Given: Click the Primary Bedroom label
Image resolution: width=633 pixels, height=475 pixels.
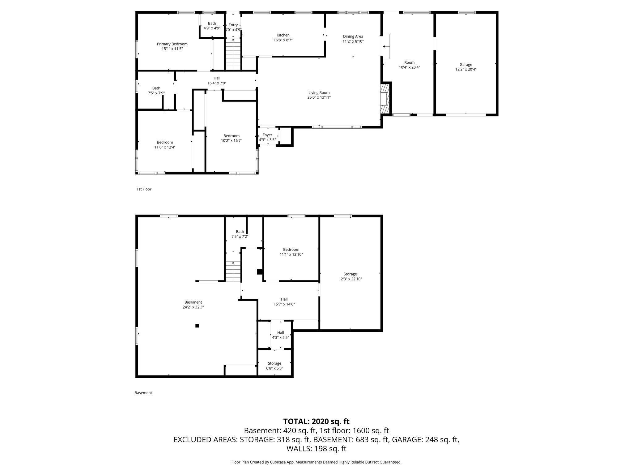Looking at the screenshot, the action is [x=172, y=44].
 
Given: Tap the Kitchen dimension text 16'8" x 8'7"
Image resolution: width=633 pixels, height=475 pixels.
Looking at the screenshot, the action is [x=283, y=40].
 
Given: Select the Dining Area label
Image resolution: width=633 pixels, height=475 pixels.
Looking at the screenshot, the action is [x=353, y=36].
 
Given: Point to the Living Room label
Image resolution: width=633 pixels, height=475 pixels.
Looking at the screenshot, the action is [x=319, y=92].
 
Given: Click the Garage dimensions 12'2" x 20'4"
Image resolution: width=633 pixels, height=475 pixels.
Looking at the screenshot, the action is [x=466, y=70].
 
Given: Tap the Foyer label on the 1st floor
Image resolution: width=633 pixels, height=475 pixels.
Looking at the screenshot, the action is [x=267, y=135].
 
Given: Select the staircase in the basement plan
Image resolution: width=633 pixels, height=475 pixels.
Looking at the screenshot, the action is [x=233, y=272].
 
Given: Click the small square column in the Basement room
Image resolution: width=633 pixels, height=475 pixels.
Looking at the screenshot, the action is [x=197, y=325].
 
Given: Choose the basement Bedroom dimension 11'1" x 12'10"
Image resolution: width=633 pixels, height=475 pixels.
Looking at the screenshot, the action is [x=291, y=255].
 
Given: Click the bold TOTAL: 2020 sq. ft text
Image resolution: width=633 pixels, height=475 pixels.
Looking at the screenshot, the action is [x=316, y=422].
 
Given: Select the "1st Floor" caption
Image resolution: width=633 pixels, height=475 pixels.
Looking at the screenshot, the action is [x=144, y=189].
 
